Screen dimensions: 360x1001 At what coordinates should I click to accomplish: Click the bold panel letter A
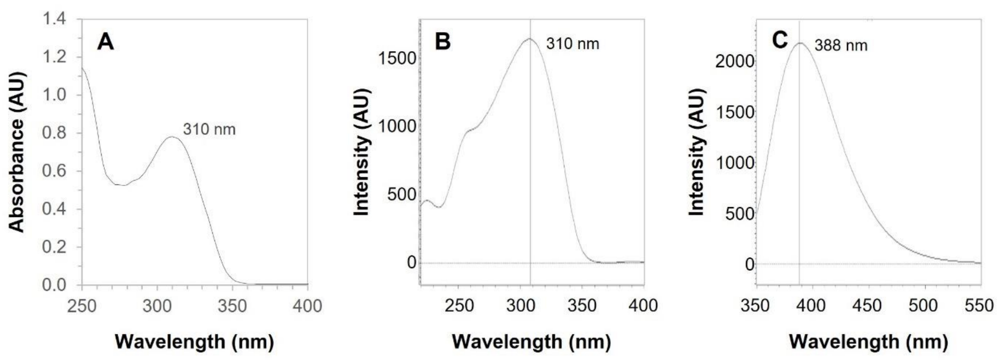tap(105, 42)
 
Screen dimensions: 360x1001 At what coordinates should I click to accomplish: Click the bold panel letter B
tap(442, 42)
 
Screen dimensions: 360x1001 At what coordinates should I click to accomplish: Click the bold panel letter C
tap(780, 40)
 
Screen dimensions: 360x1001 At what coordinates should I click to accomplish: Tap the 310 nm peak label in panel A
tap(209, 129)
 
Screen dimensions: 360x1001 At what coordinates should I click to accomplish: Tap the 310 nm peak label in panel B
tap(573, 44)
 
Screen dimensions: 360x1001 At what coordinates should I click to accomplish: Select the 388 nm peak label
tap(841, 46)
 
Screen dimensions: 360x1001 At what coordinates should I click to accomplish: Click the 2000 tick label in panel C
tap(734, 62)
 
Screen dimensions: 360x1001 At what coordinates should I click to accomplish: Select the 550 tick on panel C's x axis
tap(979, 305)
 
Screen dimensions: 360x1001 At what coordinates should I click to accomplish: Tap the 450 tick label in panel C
tap(866, 305)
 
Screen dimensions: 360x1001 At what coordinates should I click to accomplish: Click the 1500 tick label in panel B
tap(397, 58)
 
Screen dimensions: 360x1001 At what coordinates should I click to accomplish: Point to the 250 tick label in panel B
tap(459, 305)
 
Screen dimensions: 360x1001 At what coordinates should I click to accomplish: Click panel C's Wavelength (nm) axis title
tap(868, 342)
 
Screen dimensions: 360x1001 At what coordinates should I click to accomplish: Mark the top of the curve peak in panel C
tap(800, 43)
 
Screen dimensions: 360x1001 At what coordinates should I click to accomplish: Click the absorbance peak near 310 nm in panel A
tap(172, 137)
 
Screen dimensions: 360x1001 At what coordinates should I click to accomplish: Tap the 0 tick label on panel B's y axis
tap(412, 262)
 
